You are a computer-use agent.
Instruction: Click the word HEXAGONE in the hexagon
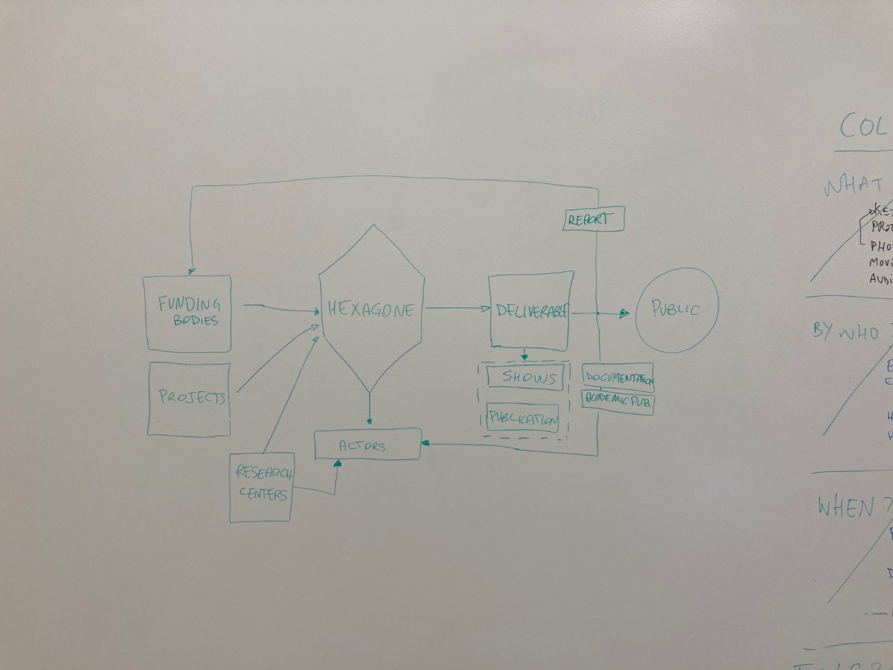point(371,310)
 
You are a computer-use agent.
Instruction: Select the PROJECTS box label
point(192,397)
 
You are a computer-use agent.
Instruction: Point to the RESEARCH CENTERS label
point(263,483)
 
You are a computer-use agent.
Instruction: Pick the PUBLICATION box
point(523,418)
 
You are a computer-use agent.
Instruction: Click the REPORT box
point(593,219)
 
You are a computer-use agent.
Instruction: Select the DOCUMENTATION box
point(618,378)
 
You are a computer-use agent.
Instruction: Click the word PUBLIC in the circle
point(675,308)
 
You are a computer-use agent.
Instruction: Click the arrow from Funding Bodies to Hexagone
point(280,308)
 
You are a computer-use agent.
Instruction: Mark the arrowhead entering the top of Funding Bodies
point(191,271)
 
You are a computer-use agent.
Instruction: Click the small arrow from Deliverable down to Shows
point(524,354)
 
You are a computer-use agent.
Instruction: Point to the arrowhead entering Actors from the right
point(425,443)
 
